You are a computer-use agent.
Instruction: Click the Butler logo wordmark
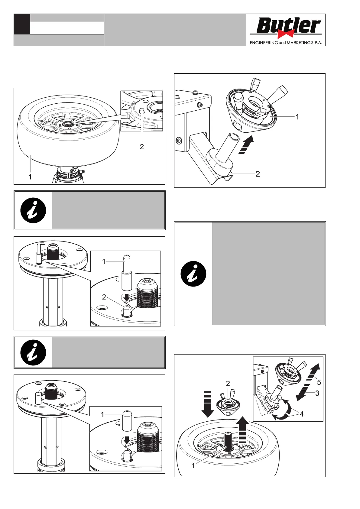click(x=287, y=26)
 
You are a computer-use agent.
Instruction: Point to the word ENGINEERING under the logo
click(x=264, y=43)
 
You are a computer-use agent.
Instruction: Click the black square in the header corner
click(x=22, y=24)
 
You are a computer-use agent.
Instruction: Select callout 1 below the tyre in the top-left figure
click(x=30, y=177)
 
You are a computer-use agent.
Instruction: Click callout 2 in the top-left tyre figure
click(x=142, y=147)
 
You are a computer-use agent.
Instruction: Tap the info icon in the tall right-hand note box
click(x=193, y=274)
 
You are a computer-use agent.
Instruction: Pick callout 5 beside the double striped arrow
click(x=319, y=383)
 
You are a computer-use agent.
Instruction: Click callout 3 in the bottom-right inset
click(x=317, y=393)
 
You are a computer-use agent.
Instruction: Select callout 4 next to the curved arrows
click(x=302, y=414)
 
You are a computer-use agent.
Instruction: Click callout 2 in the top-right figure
click(x=258, y=174)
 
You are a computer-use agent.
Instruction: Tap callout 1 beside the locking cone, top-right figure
click(x=297, y=117)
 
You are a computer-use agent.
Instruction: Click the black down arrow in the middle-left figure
click(x=127, y=297)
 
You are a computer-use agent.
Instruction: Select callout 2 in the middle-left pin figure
click(x=104, y=297)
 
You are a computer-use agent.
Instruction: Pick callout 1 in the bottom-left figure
click(x=102, y=414)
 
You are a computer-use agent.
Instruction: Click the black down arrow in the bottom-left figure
click(x=127, y=440)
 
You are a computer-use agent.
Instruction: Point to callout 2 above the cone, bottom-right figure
click(x=228, y=384)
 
